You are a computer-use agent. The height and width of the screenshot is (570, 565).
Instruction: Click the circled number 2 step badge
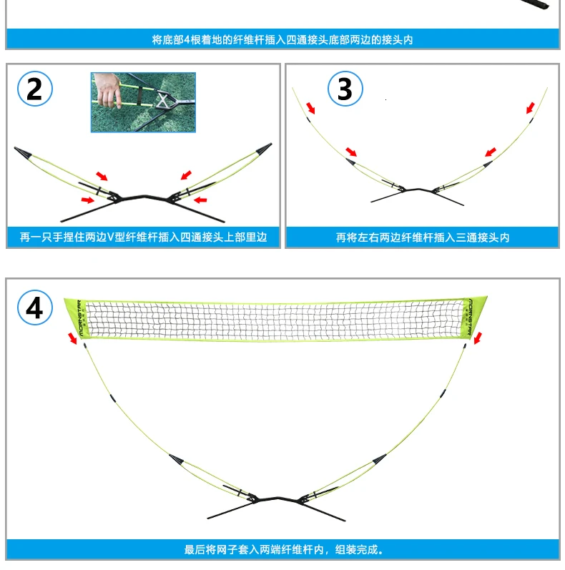click(34, 89)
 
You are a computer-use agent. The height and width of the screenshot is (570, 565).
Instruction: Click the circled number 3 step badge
click(345, 89)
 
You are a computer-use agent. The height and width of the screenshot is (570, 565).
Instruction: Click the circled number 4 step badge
click(34, 308)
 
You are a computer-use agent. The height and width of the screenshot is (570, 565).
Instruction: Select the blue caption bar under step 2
click(143, 237)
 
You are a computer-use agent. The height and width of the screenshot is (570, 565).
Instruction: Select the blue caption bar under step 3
click(423, 237)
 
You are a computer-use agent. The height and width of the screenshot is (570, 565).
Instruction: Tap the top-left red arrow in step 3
click(310, 107)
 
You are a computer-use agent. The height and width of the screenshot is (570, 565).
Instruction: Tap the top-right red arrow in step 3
click(531, 108)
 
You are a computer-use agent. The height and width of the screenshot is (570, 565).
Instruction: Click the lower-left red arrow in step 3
click(351, 152)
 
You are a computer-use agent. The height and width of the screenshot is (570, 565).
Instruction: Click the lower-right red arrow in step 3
click(490, 152)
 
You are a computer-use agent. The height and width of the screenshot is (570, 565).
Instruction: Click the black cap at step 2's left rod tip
click(21, 152)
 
